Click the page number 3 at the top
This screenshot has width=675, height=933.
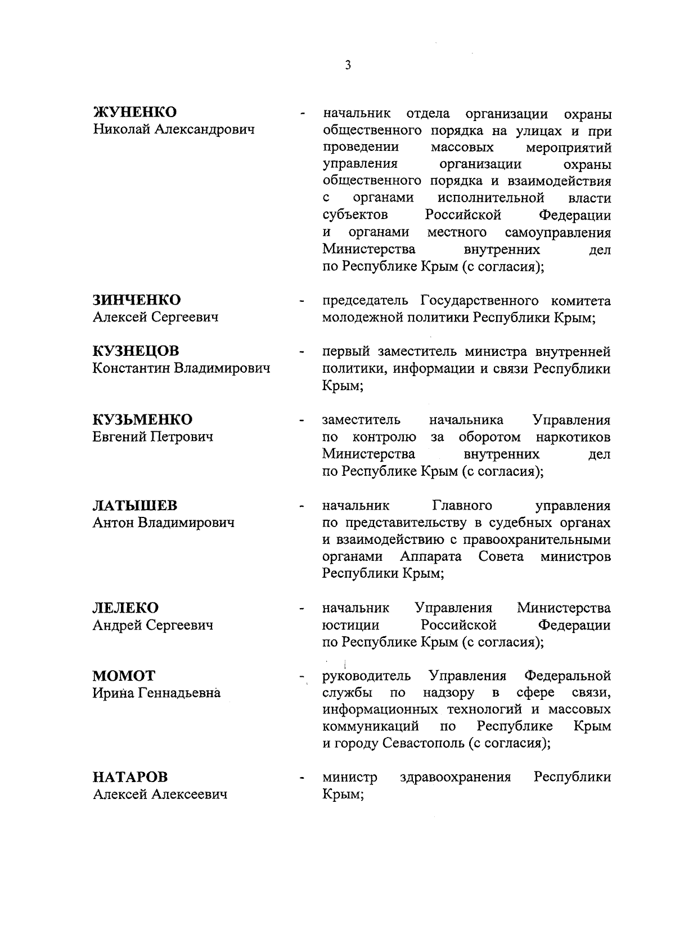tap(348, 66)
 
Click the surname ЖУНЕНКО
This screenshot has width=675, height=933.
tap(134, 112)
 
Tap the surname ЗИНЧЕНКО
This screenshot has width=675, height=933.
tap(137, 300)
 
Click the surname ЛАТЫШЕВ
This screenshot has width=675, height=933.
tap(134, 505)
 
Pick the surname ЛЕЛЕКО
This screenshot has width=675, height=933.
tap(125, 608)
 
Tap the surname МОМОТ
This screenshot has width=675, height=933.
tap(124, 676)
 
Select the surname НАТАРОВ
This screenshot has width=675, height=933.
tap(130, 778)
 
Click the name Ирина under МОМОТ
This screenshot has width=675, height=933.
tap(113, 693)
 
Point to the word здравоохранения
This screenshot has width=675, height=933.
tap(455, 778)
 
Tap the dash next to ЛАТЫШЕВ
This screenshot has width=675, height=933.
tap(303, 507)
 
